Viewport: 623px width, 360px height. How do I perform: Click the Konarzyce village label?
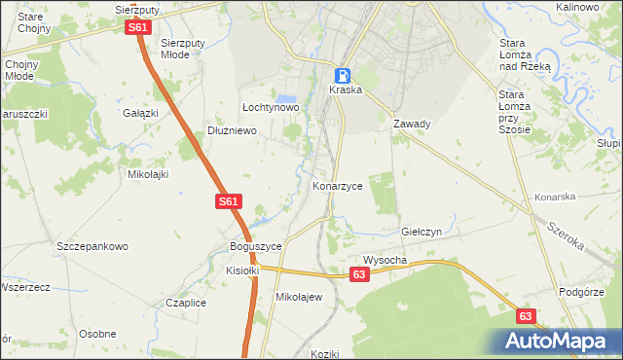(338, 185)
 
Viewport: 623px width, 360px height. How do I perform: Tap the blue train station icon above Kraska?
(344, 74)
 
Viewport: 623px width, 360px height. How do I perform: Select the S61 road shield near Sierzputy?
(137, 28)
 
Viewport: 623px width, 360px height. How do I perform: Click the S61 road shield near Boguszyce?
(227, 201)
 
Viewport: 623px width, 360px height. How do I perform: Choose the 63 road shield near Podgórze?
(526, 316)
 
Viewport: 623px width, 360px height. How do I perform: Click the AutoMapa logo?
(560, 342)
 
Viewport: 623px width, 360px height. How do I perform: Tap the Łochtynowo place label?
(270, 107)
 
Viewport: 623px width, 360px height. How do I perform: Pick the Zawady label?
(412, 125)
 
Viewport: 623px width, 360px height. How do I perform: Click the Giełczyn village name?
(422, 233)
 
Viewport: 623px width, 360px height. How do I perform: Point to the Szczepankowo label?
(92, 246)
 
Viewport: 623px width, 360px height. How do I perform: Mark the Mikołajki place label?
(149, 174)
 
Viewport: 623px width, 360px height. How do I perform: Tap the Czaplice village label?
(186, 303)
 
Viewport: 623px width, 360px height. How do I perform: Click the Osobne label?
(97, 334)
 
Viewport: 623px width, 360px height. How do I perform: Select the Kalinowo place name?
(576, 7)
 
